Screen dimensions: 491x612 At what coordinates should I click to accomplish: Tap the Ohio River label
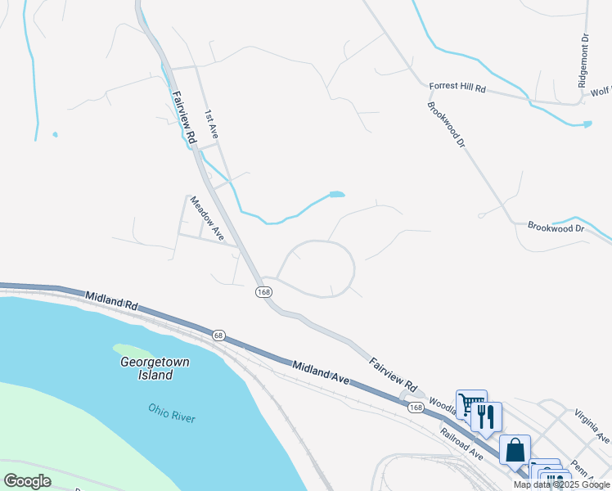click(x=172, y=412)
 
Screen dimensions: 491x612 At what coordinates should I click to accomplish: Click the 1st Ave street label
click(x=211, y=124)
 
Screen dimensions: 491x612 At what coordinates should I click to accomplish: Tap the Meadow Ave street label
click(x=207, y=218)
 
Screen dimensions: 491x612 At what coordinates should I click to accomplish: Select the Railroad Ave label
click(x=462, y=444)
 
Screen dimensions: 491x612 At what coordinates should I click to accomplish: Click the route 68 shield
click(x=218, y=335)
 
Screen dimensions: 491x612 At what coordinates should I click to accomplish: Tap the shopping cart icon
click(x=471, y=403)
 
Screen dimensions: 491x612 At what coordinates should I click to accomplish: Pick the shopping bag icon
click(x=515, y=449)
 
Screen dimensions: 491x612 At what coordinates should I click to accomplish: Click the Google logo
click(x=27, y=481)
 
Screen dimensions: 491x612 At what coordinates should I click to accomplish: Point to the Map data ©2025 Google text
click(x=560, y=484)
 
